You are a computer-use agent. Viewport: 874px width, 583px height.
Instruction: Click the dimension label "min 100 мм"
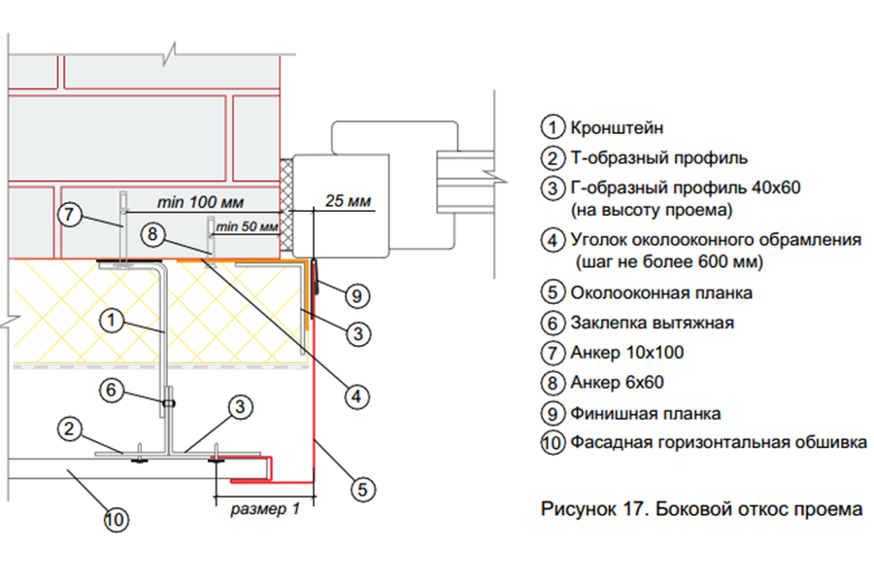click(200, 202)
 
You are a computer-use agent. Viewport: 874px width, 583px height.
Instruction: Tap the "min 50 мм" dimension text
click(247, 226)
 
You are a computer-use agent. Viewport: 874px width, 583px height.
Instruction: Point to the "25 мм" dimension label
click(349, 201)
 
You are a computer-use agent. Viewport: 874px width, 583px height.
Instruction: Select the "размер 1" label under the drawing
click(265, 509)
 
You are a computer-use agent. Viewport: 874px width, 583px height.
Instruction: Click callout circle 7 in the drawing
click(70, 214)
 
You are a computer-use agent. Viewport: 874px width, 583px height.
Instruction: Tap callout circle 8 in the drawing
click(152, 234)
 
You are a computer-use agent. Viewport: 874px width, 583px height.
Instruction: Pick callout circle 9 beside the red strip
click(356, 295)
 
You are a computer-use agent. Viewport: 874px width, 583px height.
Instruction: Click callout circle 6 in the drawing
click(111, 390)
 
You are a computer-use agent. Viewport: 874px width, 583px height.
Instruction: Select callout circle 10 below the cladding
click(116, 520)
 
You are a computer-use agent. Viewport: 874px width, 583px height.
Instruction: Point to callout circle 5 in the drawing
click(363, 490)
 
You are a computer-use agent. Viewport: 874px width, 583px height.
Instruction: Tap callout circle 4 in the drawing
click(356, 396)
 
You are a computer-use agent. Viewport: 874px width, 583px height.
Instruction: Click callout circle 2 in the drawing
click(69, 429)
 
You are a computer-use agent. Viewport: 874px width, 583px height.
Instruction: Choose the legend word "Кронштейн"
click(617, 127)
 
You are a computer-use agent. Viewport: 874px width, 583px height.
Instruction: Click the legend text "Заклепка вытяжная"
click(653, 323)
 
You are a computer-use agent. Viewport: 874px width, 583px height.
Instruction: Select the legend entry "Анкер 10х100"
click(627, 353)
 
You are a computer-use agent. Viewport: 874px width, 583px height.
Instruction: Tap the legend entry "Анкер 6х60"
click(617, 382)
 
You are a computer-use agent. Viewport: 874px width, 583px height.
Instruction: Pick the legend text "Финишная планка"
click(646, 413)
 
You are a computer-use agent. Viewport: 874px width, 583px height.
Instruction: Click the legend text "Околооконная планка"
click(661, 292)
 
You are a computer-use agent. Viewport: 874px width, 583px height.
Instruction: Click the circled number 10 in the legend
click(553, 443)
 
